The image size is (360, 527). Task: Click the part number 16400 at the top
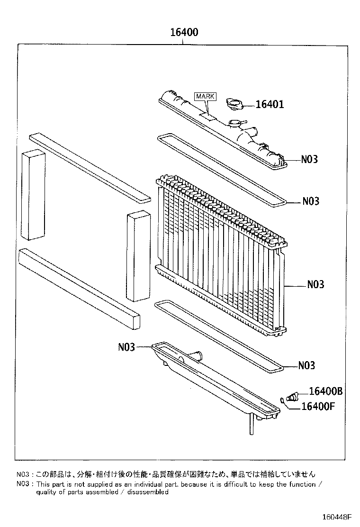pos(184,33)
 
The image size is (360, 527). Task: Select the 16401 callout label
pos(270,104)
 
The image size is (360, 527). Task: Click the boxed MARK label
pos(205,96)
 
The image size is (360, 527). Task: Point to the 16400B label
pos(325,391)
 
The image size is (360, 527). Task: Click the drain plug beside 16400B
pos(293,397)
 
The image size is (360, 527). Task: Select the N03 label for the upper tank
pos(309,159)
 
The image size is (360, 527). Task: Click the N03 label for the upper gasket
pos(311,201)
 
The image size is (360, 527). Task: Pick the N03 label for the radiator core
pos(315,284)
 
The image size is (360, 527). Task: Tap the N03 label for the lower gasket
pos(307,365)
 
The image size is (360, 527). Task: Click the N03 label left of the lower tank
pos(127,347)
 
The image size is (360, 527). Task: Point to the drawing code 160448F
pos(338,517)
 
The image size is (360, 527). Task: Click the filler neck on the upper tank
pos(235,125)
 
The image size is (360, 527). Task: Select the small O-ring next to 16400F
pos(283,400)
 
